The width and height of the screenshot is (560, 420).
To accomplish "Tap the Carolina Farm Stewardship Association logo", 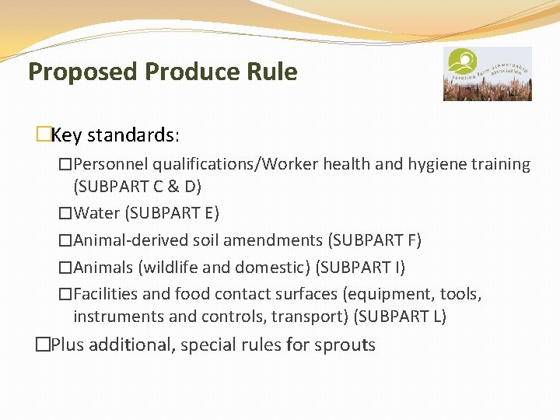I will (487, 74).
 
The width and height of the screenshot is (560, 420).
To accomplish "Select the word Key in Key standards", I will (66, 135).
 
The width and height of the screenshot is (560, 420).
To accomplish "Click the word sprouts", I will (345, 345).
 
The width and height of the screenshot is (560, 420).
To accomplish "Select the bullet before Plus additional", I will (44, 345).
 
